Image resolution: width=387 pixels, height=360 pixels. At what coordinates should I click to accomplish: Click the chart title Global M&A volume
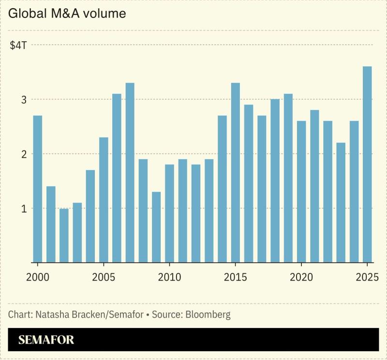coord(67,14)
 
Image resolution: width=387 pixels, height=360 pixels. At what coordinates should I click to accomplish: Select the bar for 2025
coord(367,165)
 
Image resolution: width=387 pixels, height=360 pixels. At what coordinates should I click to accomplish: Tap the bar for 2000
coord(38,189)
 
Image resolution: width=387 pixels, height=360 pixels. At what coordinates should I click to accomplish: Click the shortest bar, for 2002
coord(64,236)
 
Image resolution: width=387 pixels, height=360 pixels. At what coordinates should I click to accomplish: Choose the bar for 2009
coord(156,227)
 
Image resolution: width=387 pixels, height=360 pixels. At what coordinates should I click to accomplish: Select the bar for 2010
coord(169,213)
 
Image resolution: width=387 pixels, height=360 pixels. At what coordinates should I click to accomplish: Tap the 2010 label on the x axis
coord(169,279)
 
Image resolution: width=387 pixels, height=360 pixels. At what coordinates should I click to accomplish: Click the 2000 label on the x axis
coord(38,279)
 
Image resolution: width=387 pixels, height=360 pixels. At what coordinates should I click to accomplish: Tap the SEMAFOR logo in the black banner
coord(46,340)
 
